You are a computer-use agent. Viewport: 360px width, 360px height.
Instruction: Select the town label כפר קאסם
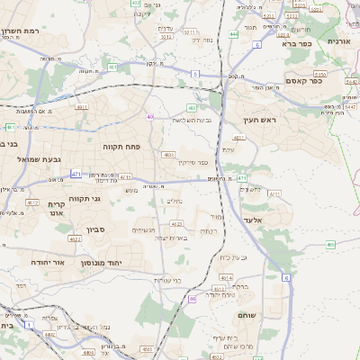click(305, 81)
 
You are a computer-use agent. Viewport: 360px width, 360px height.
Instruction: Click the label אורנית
click(339, 41)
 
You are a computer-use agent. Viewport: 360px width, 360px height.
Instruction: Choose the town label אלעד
click(252, 219)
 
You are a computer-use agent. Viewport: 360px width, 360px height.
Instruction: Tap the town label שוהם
click(248, 316)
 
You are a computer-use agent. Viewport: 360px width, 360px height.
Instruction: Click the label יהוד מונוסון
click(101, 263)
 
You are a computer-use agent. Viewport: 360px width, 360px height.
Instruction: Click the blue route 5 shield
click(194, 74)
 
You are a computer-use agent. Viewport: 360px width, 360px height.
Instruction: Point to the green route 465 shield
click(331, 244)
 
